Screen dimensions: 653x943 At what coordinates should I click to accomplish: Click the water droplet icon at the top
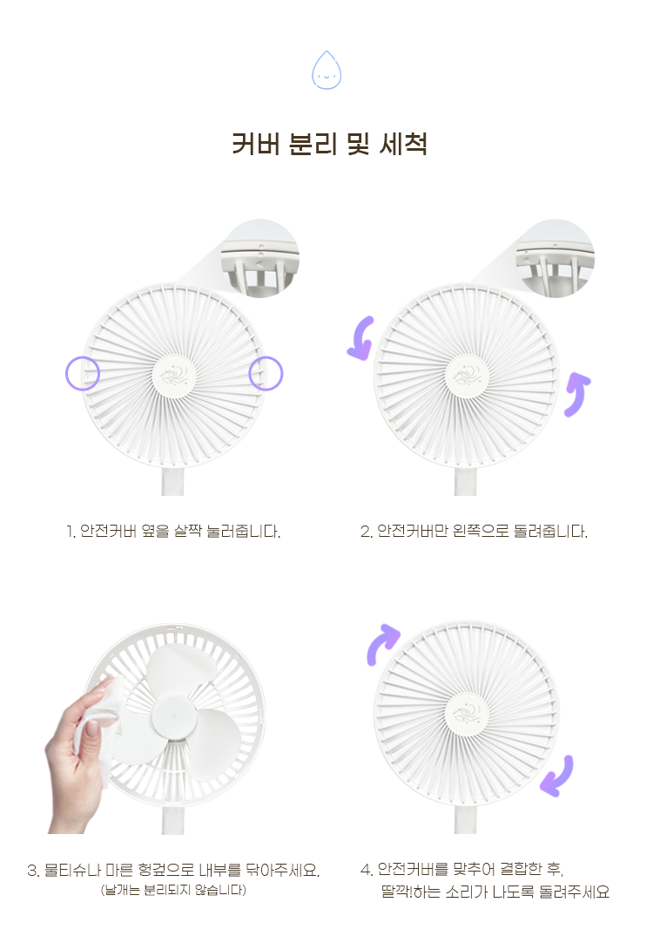point(326,71)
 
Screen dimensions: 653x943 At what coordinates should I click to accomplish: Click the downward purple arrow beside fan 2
point(362,338)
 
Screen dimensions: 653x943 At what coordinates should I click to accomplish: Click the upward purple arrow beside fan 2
point(578,394)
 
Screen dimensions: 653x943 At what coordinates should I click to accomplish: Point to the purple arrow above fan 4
point(382,642)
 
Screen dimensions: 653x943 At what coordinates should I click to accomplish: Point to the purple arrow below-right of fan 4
point(557,777)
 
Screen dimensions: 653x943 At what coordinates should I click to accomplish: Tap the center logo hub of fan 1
point(174,375)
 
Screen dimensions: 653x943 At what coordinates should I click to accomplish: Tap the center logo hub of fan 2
point(467,375)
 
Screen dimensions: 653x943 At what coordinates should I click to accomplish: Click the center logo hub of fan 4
point(467,713)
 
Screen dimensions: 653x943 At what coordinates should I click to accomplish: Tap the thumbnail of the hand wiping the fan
point(156,729)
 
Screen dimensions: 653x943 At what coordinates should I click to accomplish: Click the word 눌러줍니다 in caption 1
point(243,531)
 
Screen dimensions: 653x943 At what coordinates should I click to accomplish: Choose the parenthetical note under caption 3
point(173,890)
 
